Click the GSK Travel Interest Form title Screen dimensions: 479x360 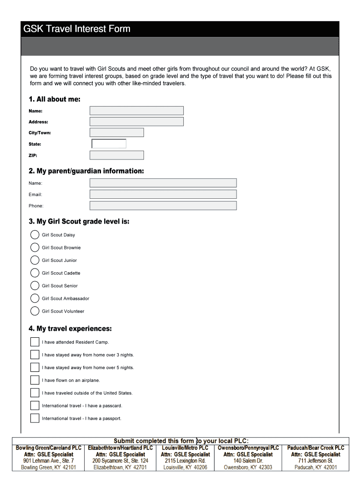pos(77,29)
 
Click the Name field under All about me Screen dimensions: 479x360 pos(137,110)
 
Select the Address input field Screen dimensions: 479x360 pos(137,122)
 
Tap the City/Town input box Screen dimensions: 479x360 pos(116,132)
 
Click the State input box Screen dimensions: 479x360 pos(109,144)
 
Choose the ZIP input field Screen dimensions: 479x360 pos(116,155)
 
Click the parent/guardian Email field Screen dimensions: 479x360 pos(163,194)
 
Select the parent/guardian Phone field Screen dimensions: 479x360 pos(163,206)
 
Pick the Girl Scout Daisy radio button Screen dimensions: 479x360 pos(35,235)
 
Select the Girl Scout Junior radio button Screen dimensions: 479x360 pos(35,260)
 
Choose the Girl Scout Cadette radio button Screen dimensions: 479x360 pos(35,273)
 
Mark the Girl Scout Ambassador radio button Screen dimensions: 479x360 pos(35,298)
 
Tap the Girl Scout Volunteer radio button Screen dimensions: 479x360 pos(35,311)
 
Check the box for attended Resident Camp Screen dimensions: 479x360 pos(35,342)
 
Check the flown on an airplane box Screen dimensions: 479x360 pos(35,380)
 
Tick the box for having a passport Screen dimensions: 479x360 pos(35,418)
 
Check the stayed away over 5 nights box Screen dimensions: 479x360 pos(35,367)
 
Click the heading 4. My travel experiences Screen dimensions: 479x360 pos(70,328)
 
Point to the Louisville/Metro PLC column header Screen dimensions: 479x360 pos(185,448)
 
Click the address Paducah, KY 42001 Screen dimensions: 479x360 pos(316,467)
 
